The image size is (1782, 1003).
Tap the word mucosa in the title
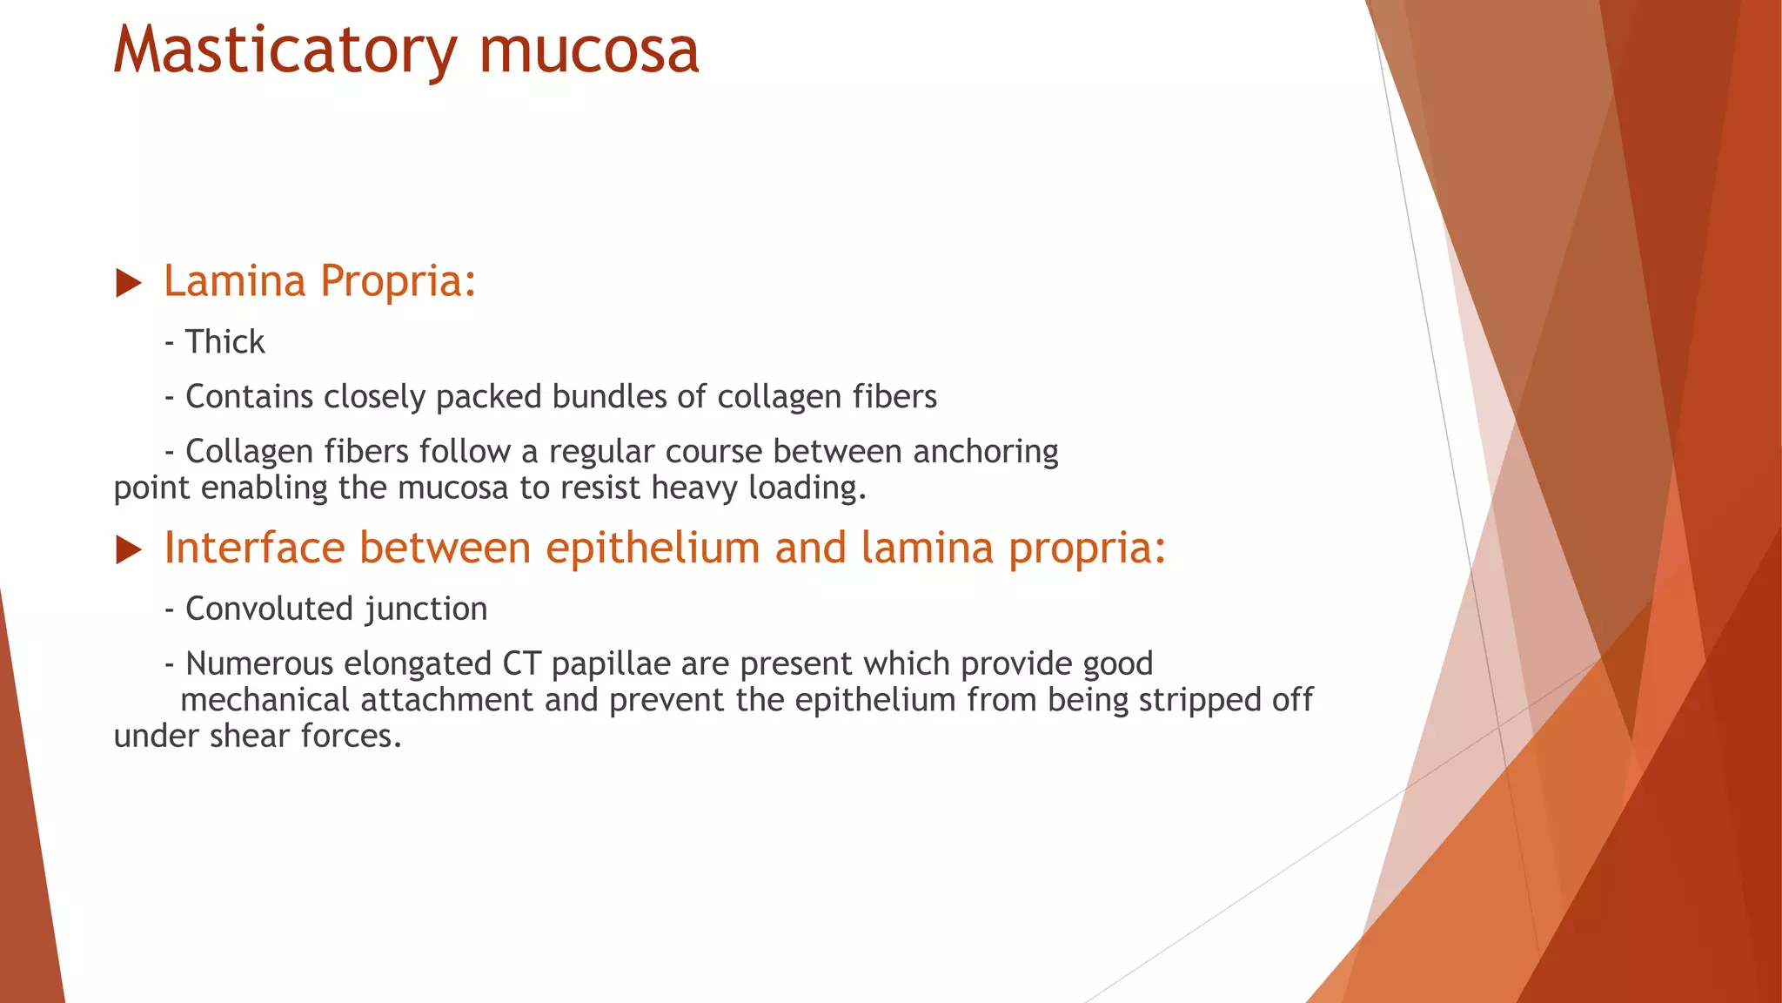pyautogui.click(x=589, y=50)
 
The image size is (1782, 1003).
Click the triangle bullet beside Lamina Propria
pyautogui.click(x=128, y=283)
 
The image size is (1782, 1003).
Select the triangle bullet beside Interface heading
pyautogui.click(x=128, y=550)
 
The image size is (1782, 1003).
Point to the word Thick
pyautogui.click(x=224, y=341)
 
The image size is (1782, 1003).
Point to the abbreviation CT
pyautogui.click(x=521, y=663)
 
